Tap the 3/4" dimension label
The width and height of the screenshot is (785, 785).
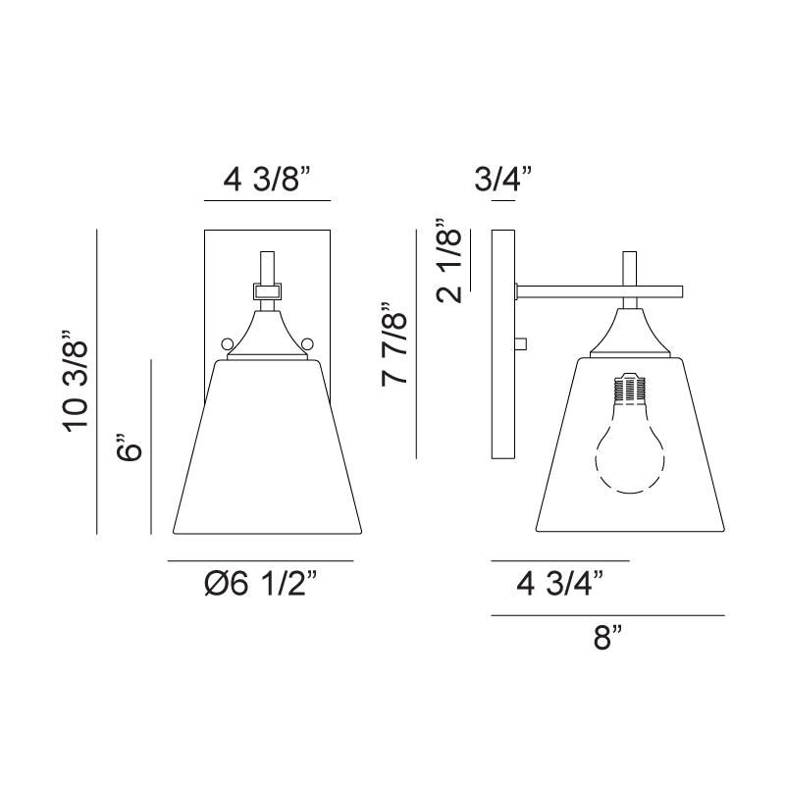(502, 179)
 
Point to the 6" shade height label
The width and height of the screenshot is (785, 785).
(129, 446)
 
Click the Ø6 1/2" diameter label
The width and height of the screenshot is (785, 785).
(261, 583)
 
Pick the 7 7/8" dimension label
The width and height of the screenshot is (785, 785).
(395, 344)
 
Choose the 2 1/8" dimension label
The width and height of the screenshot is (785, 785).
(448, 260)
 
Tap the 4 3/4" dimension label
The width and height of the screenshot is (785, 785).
(560, 583)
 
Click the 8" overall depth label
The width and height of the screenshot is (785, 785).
(607, 638)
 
